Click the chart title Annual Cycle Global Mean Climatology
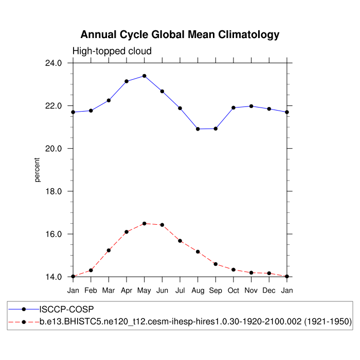180,35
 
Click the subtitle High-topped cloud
112,51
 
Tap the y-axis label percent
37,170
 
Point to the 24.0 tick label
54,63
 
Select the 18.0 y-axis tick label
54,191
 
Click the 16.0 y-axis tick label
54,234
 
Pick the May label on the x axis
145,291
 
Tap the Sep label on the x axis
215,291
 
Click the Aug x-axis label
197,291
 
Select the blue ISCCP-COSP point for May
145,76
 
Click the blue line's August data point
197,129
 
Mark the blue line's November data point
251,106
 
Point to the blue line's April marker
127,81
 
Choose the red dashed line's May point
145,223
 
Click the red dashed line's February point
91,270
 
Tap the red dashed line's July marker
180,241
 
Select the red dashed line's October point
233,269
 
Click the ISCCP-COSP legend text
67,309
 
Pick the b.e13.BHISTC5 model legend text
195,321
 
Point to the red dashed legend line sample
24,321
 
